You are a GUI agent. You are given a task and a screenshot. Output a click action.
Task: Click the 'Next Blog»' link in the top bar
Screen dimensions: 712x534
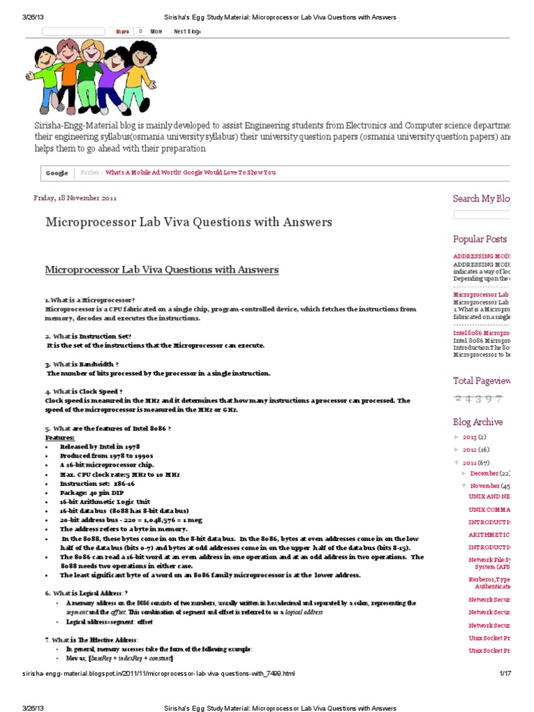187,31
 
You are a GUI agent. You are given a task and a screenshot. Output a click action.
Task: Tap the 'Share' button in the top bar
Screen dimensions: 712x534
122,31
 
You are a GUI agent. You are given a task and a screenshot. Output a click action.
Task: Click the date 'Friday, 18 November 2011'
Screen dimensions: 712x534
75,197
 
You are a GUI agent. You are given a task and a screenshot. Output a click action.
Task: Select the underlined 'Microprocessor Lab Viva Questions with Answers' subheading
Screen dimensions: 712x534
161,270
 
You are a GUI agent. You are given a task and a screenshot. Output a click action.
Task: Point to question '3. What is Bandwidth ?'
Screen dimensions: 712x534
81,364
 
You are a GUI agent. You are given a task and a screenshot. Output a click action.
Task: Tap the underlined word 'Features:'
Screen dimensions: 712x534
60,438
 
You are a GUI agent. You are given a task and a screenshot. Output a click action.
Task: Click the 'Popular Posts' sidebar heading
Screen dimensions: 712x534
480,239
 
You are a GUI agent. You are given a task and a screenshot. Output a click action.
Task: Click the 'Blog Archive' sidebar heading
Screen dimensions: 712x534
478,422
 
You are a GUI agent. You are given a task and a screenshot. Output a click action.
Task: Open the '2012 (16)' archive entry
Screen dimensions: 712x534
477,450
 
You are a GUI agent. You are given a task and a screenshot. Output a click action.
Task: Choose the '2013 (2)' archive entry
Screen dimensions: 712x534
475,437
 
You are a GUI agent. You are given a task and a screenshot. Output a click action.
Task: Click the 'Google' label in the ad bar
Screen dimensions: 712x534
57,172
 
